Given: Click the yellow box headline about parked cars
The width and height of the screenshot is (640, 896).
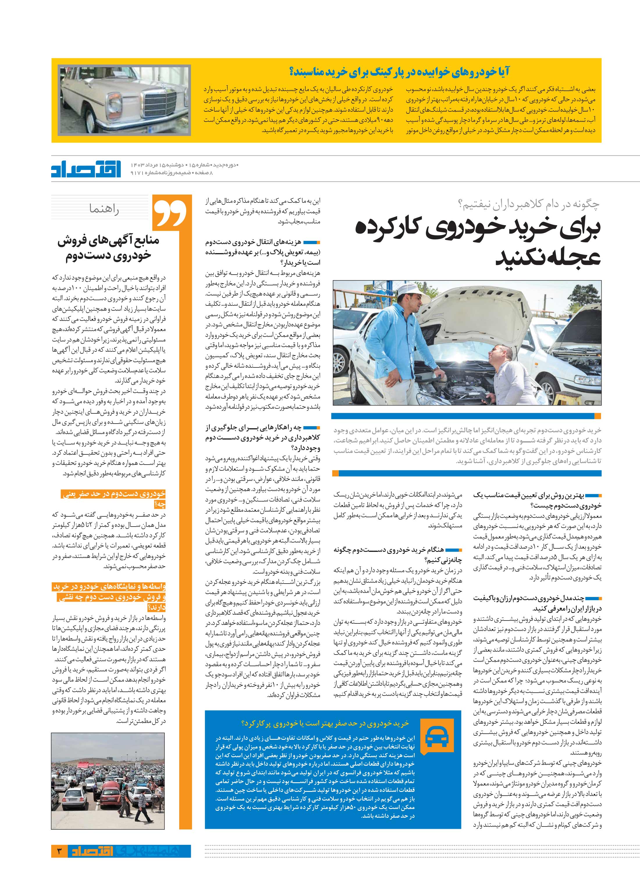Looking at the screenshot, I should tap(399, 72).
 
